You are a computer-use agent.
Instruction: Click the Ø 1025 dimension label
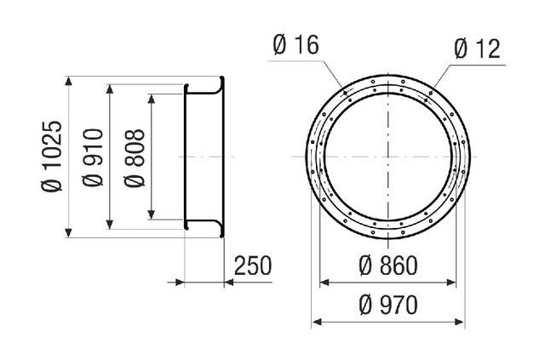pyautogui.click(x=52, y=157)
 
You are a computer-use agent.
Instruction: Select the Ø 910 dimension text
pyautogui.click(x=93, y=157)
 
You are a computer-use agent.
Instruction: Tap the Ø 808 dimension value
pyautogui.click(x=135, y=158)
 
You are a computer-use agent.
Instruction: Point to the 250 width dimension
pyautogui.click(x=252, y=266)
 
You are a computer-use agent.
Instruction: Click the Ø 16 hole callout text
pyautogui.click(x=295, y=45)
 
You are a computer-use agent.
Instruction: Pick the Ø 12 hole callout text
pyautogui.click(x=477, y=49)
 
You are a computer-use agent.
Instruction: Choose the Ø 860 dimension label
pyautogui.click(x=388, y=266)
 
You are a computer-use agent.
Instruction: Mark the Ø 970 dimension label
pyautogui.click(x=388, y=305)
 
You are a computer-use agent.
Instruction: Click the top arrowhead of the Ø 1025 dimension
pyautogui.click(x=68, y=81)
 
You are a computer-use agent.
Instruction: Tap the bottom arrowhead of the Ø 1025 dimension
pyautogui.click(x=68, y=233)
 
